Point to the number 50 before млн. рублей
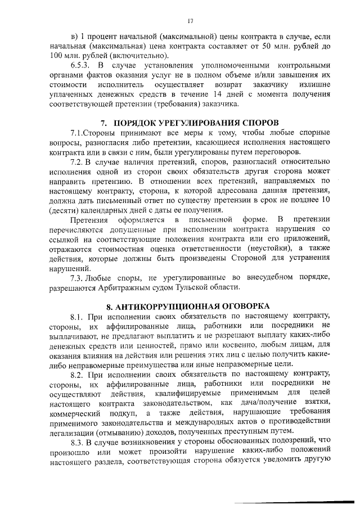(x=274, y=47)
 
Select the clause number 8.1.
(x=78, y=317)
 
